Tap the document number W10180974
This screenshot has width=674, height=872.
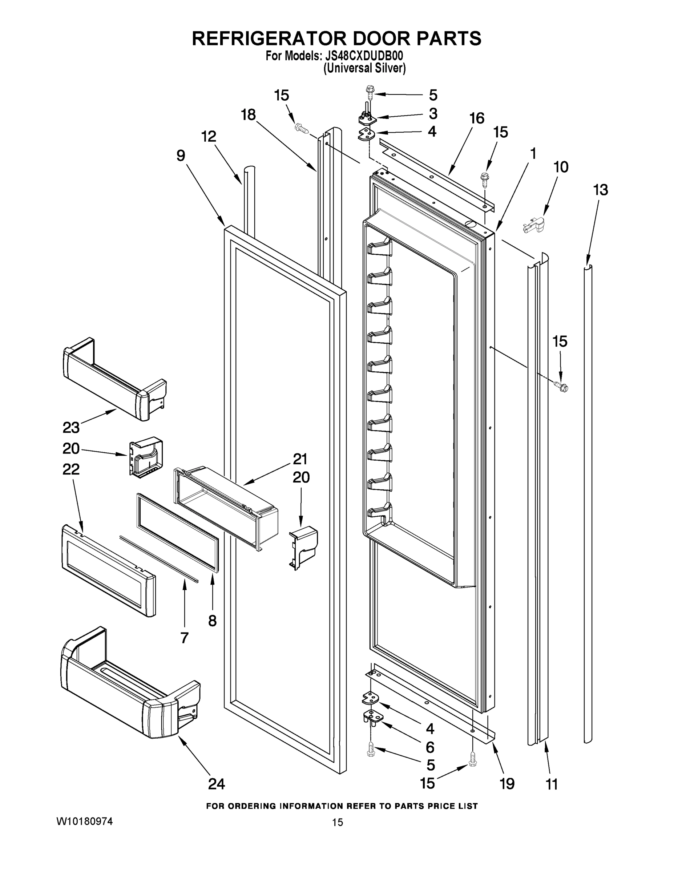84,821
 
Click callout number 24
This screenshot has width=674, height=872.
217,784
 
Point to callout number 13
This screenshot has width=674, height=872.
601,190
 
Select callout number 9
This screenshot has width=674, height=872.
181,156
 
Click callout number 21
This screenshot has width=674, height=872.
300,459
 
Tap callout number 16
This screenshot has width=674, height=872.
476,118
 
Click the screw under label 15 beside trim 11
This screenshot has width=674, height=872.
561,386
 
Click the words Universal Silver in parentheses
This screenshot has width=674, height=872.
364,69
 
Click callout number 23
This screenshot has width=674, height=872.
71,428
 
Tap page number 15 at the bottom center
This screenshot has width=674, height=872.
338,823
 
